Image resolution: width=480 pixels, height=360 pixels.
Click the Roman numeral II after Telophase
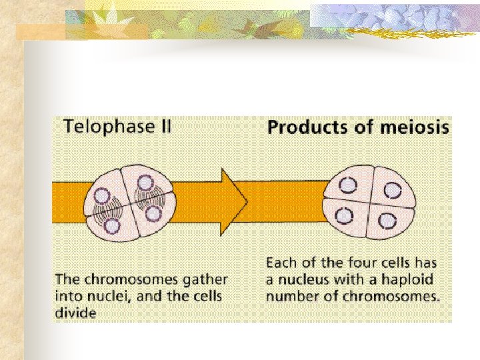pos(161,126)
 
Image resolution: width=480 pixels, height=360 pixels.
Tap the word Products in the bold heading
pos(301,127)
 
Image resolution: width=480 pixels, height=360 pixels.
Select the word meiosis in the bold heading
pos(413,127)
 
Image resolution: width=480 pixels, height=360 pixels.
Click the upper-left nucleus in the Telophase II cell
pos(102,195)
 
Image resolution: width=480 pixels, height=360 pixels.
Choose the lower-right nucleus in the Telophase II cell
pos(153,214)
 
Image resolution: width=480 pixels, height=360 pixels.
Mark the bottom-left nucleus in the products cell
pos(345,216)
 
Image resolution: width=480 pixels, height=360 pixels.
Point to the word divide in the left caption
pos(76,311)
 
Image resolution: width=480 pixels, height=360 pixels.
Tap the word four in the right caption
pos(360,263)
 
